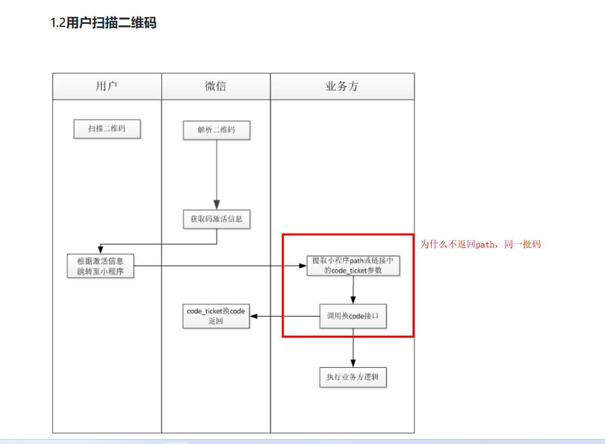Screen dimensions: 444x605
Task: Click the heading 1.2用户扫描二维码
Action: click(103, 23)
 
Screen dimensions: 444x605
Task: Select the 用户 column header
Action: click(107, 87)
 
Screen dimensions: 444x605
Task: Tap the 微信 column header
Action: click(215, 87)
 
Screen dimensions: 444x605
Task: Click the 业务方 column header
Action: click(342, 87)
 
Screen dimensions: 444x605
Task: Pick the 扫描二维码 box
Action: click(107, 129)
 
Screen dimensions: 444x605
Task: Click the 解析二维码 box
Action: click(216, 130)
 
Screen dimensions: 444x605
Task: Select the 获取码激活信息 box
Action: click(216, 219)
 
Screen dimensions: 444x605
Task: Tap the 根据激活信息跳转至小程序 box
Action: click(101, 265)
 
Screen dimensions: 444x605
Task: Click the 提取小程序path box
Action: click(353, 265)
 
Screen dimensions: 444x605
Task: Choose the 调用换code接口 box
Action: click(353, 316)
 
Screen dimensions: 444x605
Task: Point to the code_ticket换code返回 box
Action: click(216, 316)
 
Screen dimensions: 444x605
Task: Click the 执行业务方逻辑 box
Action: click(353, 377)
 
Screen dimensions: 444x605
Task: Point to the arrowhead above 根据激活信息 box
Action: click(100, 249)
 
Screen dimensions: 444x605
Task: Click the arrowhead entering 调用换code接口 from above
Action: click(353, 300)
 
